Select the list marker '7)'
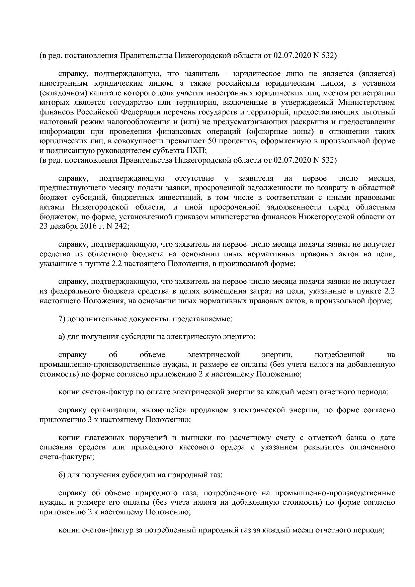(62, 319)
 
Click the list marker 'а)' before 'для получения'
(62, 337)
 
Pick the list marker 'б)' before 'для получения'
(62, 475)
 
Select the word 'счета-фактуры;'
(67, 457)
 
